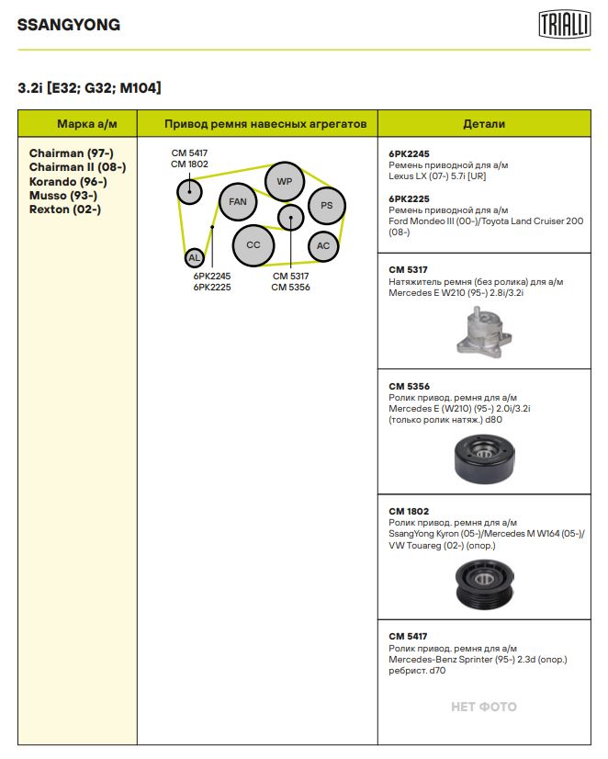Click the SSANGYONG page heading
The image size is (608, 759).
69,26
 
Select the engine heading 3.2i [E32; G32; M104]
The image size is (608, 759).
90,88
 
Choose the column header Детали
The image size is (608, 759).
483,124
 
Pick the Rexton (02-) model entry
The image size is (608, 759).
65,210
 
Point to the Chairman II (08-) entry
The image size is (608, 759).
77,167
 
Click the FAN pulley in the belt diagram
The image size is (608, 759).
238,202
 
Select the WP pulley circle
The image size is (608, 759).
285,182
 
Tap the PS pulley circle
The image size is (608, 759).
326,206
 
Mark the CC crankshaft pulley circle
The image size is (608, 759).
253,245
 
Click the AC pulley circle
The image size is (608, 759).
322,245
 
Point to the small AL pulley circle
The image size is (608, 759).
194,258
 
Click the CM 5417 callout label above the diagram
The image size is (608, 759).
189,153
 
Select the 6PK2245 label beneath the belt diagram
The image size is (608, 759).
212,276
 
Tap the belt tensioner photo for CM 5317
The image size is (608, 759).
483,331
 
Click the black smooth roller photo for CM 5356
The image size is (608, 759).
484,459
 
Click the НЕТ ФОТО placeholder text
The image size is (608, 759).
483,707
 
